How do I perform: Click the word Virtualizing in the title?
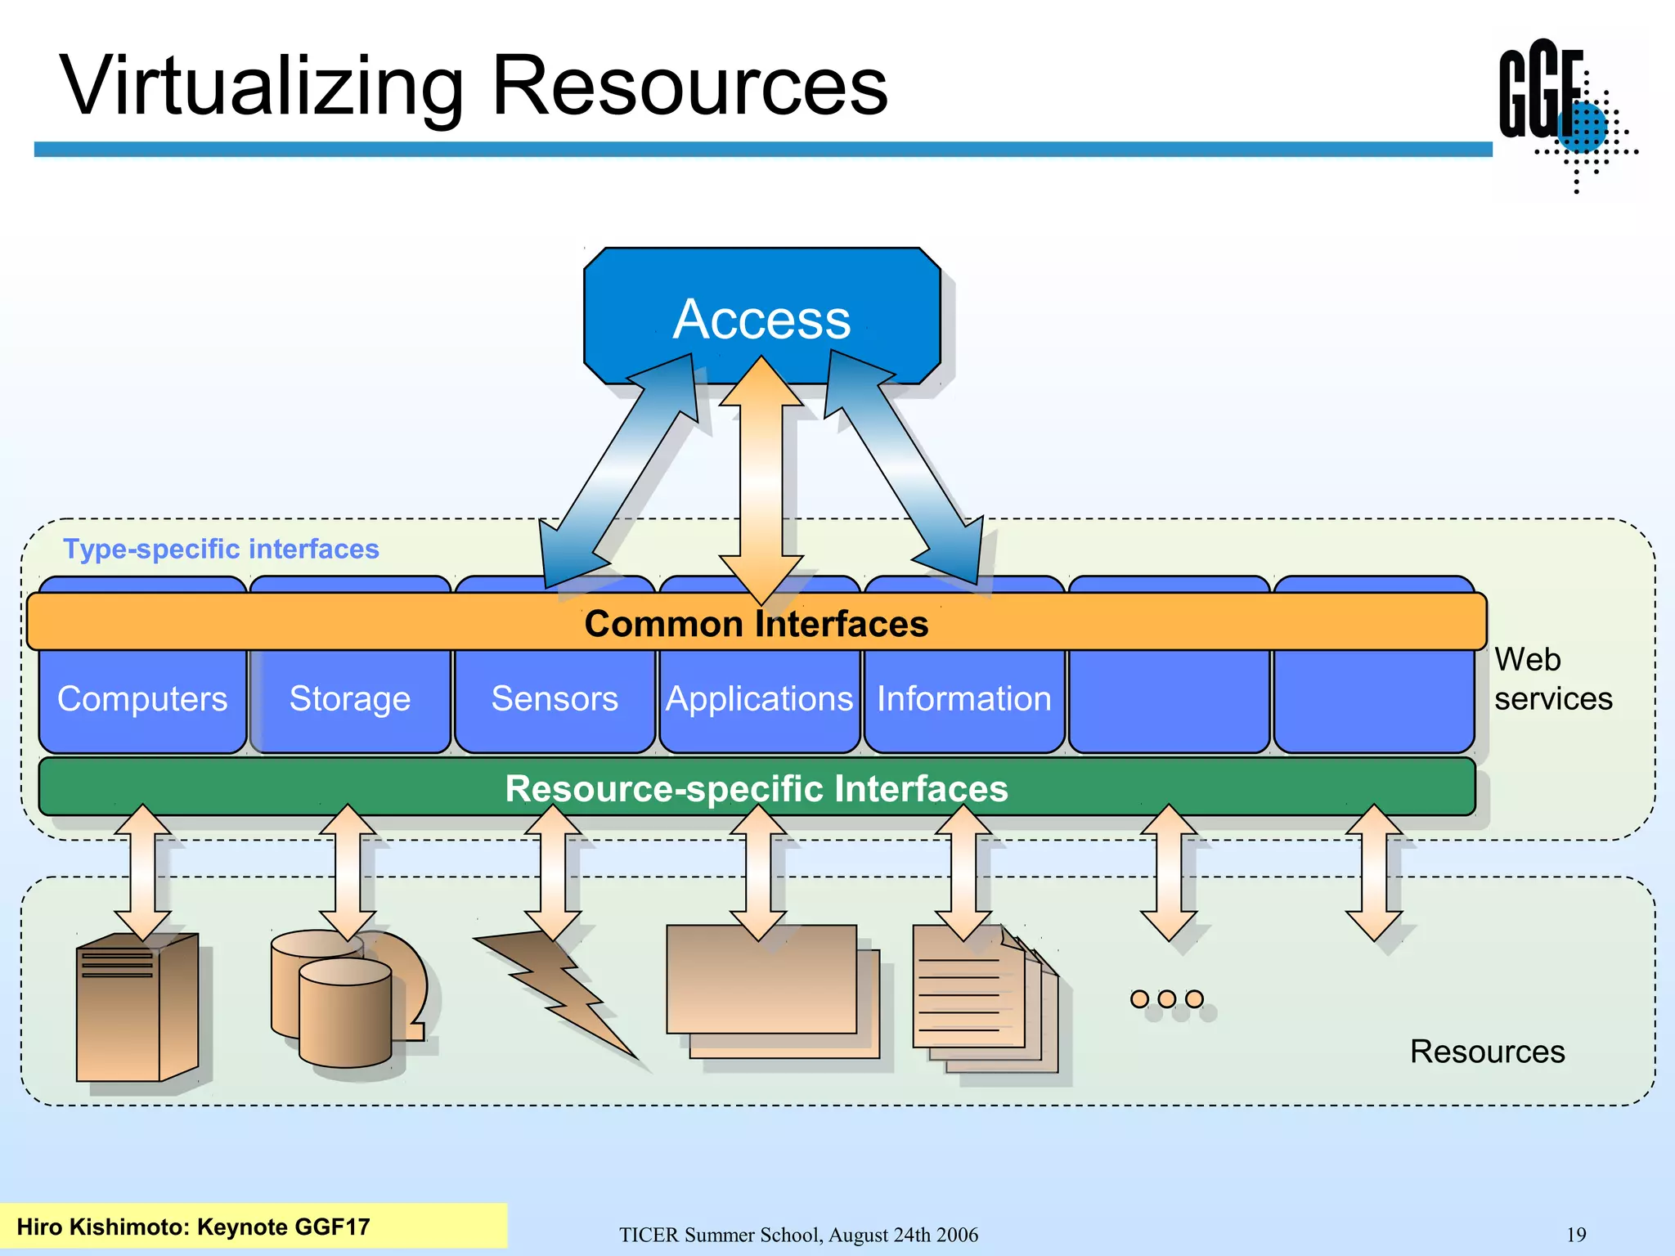click(262, 86)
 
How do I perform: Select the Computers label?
click(142, 699)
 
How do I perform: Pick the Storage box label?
click(350, 699)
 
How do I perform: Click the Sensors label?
click(555, 699)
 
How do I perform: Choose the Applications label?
click(759, 699)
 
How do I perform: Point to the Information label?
click(964, 699)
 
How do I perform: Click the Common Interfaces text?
click(756, 624)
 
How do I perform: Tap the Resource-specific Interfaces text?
click(756, 789)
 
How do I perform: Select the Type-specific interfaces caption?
click(221, 549)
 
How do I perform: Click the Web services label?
click(1552, 679)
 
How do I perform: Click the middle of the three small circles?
click(1167, 999)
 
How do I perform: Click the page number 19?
click(1575, 1235)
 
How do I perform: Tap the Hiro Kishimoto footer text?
click(193, 1227)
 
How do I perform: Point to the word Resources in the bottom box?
click(1487, 1052)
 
